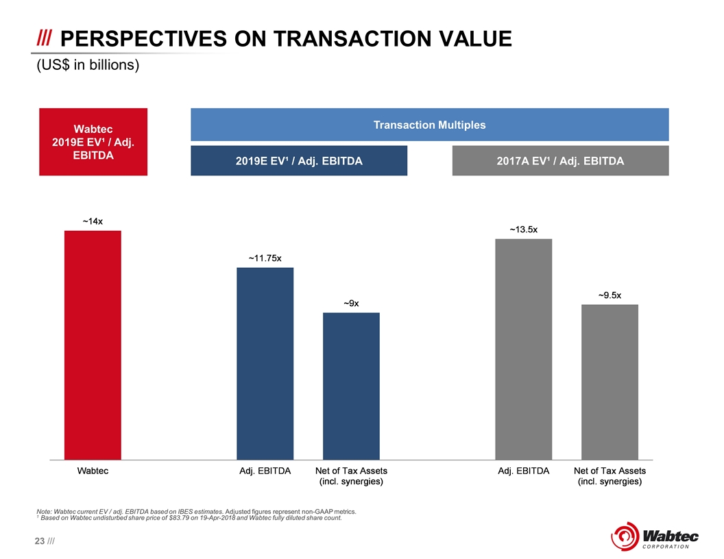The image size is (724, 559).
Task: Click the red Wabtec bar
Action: (x=93, y=345)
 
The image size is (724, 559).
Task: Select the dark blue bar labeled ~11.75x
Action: (x=265, y=363)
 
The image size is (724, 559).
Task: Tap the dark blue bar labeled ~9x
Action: (x=351, y=386)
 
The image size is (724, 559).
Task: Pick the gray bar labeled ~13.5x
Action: (x=523, y=349)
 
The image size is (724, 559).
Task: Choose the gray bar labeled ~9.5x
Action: (x=610, y=382)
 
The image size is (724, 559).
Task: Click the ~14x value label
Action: (x=93, y=221)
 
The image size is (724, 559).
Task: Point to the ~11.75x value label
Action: (x=265, y=258)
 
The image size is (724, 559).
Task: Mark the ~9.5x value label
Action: (x=610, y=295)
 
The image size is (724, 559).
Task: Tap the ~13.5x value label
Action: (x=523, y=229)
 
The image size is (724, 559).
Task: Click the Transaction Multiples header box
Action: (x=429, y=125)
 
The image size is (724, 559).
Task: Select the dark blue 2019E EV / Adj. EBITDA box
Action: (x=299, y=161)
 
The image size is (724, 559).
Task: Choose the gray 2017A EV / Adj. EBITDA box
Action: (x=560, y=161)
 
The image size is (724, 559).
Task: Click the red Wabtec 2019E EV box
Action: (x=93, y=142)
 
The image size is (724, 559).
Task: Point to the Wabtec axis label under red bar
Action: (x=93, y=471)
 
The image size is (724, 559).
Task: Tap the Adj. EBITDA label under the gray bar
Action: (x=523, y=471)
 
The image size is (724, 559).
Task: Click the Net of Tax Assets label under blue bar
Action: (x=351, y=476)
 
